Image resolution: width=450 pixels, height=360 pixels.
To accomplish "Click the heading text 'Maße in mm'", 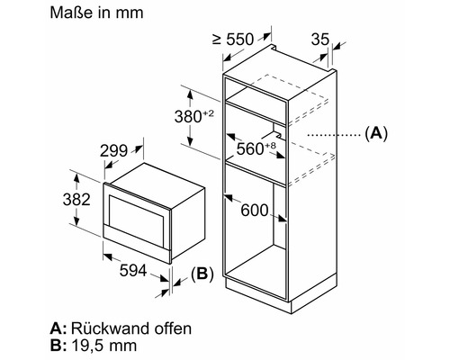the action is [x=96, y=13].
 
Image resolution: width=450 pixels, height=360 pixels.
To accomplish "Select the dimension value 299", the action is [x=113, y=150].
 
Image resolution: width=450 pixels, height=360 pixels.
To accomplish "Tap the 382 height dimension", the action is [x=76, y=199].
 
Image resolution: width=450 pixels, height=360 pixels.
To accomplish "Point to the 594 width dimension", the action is [x=133, y=271].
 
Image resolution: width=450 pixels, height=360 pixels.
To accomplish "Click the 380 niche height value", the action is [x=188, y=117].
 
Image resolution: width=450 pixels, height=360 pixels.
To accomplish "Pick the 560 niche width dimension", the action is [x=250, y=148].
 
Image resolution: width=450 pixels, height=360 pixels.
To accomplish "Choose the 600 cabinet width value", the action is [x=255, y=210].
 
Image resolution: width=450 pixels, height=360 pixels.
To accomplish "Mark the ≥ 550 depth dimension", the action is [x=233, y=40].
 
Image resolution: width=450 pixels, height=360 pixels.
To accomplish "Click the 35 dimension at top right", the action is [x=320, y=39].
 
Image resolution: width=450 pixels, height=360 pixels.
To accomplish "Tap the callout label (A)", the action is [x=376, y=132].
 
